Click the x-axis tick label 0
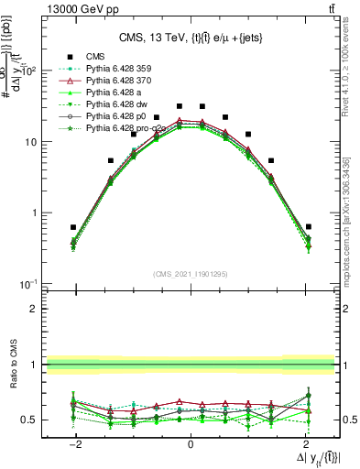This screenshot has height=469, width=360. (x=191, y=443)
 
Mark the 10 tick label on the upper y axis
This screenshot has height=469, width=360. (x=30, y=142)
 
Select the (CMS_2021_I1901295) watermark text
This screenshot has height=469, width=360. (x=191, y=274)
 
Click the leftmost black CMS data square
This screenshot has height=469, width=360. (x=73, y=227)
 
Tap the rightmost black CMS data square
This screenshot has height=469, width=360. (x=309, y=226)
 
